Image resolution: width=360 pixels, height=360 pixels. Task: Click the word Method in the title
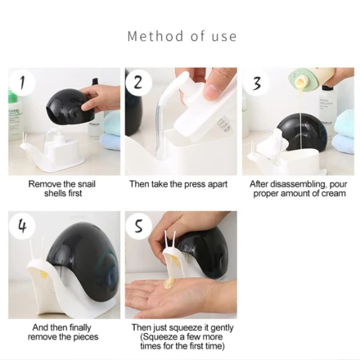[155, 36]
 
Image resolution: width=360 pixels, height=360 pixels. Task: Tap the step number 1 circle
[22, 83]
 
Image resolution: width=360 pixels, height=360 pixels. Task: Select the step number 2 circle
[138, 83]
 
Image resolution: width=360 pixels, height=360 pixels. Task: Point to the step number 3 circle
[256, 83]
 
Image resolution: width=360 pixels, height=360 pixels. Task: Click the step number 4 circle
[22, 226]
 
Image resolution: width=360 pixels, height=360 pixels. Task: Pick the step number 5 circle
[138, 226]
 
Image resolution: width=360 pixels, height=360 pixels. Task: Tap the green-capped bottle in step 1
[14, 115]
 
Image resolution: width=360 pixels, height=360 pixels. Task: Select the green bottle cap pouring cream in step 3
[300, 78]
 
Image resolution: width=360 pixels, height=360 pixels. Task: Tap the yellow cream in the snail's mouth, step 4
[43, 275]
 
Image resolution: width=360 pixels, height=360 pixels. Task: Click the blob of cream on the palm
[169, 283]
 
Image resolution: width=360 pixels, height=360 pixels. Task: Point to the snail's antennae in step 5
[169, 240]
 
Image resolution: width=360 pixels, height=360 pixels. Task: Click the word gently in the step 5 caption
[222, 328]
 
